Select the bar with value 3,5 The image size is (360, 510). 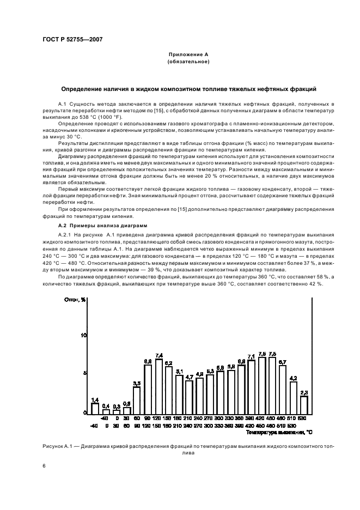[x=137, y=400]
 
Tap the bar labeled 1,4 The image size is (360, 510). [x=95, y=408]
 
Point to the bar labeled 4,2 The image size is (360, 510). [x=293, y=397]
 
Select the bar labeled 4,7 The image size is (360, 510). [x=189, y=396]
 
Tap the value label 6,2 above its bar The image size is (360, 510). [x=168, y=363]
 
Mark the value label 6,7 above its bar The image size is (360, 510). [x=283, y=362]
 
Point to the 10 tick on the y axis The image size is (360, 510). [x=84, y=335]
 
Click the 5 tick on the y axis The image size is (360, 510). [x=85, y=373]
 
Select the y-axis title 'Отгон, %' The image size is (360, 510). [x=76, y=299]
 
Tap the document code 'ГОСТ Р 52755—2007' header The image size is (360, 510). [x=71, y=39]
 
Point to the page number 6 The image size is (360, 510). [x=44, y=466]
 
